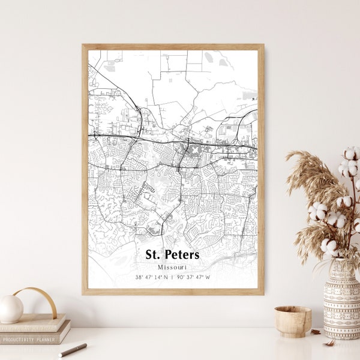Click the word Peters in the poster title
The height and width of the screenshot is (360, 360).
click(x=181, y=255)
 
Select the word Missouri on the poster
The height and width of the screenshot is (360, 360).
click(x=172, y=267)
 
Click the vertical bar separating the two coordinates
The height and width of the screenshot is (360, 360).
click(x=172, y=277)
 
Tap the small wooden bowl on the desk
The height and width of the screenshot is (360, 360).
click(x=293, y=320)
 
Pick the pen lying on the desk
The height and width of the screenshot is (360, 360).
click(x=73, y=350)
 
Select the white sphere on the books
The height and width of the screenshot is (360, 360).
click(x=11, y=309)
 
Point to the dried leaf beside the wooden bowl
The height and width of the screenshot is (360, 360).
click(x=316, y=331)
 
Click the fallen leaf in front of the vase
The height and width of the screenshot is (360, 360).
click(x=329, y=343)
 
